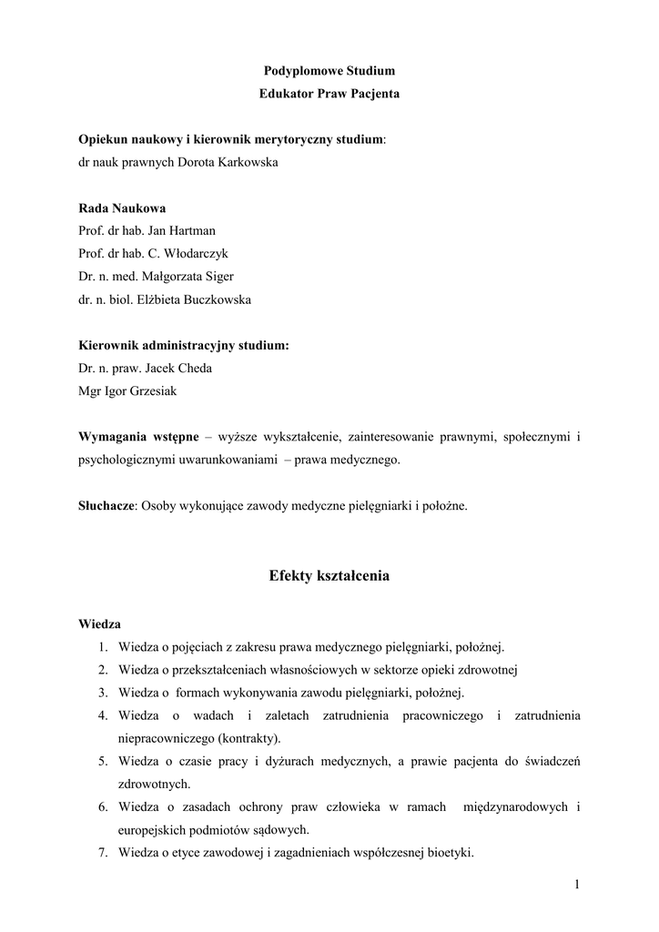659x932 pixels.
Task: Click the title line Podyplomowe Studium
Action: coord(329,70)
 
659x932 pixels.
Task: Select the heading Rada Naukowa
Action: coord(122,208)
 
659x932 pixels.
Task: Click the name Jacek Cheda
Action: coord(181,369)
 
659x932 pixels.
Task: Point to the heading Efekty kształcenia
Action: coord(329,576)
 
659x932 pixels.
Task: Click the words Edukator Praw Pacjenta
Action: coord(329,94)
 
